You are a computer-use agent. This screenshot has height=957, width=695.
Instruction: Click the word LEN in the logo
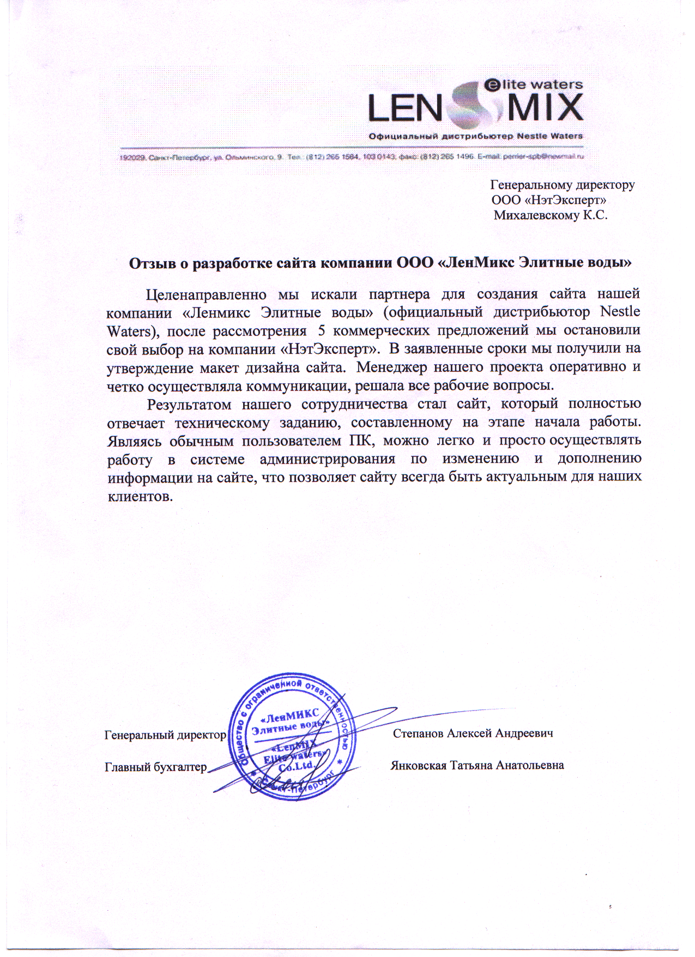tap(404, 108)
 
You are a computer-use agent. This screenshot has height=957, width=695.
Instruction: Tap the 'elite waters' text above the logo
tap(534, 85)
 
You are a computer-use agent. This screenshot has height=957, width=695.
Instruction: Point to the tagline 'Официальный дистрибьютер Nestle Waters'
tap(476, 136)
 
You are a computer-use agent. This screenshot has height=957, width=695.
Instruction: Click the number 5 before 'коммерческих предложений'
tap(321, 331)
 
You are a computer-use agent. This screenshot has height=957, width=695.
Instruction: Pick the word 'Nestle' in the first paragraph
tap(620, 312)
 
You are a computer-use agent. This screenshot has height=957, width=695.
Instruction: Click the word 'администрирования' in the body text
tap(328, 459)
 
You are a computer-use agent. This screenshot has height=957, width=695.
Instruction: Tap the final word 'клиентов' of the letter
tap(140, 496)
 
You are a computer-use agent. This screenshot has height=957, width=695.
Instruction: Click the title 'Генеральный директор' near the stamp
tap(165, 735)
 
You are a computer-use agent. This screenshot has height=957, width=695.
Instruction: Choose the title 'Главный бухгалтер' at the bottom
tap(156, 767)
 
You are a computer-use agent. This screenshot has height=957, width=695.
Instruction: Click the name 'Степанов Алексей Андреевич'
tap(473, 733)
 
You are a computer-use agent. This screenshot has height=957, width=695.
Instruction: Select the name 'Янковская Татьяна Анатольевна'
tap(477, 765)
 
